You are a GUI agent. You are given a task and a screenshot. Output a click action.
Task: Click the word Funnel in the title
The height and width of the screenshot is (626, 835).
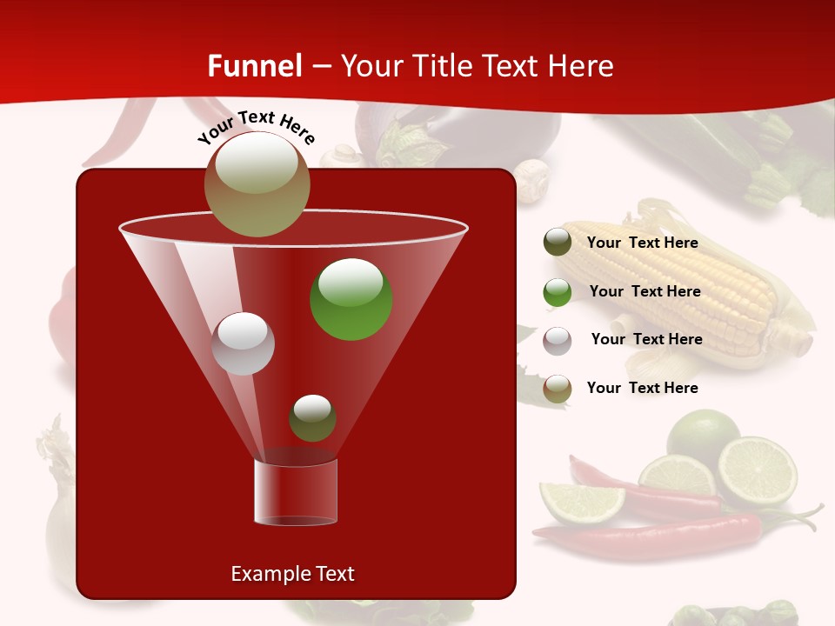[254, 66]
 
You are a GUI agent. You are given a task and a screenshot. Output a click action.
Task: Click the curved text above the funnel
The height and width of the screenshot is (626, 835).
[256, 127]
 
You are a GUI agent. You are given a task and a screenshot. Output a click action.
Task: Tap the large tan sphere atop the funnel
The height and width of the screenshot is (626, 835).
[257, 183]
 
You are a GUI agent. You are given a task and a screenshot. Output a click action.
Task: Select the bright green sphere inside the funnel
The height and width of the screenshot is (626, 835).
[351, 299]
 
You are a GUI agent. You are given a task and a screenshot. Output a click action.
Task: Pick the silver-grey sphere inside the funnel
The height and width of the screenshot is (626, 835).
[243, 343]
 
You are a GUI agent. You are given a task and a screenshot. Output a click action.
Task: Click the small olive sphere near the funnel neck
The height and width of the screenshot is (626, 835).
[312, 418]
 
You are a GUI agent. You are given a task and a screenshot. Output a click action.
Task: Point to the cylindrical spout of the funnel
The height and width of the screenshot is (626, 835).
[296, 492]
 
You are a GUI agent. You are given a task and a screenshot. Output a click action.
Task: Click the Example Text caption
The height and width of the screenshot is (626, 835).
[292, 574]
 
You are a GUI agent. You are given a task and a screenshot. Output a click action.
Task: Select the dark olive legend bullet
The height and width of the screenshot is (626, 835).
[558, 243]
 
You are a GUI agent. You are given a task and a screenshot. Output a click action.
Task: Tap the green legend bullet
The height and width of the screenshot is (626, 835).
[558, 292]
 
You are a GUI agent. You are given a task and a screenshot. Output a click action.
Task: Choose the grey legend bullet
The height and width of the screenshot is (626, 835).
[558, 340]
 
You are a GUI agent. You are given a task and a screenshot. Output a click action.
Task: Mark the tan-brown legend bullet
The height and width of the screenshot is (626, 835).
[558, 389]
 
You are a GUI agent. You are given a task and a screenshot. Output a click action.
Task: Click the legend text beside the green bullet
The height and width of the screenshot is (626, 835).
[645, 291]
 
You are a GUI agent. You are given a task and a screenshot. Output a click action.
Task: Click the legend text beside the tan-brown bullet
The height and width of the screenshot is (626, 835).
[642, 388]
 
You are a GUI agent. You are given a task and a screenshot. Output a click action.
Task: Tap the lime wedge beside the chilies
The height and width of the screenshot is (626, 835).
[581, 503]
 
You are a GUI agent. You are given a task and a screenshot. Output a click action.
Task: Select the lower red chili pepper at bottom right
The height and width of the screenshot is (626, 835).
[661, 535]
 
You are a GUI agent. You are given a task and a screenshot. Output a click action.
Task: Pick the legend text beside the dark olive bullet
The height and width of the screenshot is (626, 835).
[642, 243]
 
